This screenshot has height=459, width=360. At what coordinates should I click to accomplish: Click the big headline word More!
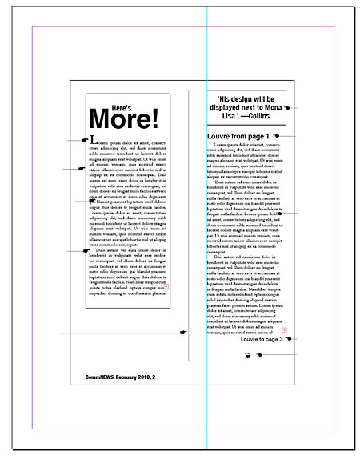(124, 118)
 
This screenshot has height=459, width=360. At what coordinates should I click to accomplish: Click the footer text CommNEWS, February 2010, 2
(120, 376)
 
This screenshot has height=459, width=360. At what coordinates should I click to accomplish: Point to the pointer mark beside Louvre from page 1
(275, 136)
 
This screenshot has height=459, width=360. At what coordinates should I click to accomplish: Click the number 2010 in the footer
(139, 376)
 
